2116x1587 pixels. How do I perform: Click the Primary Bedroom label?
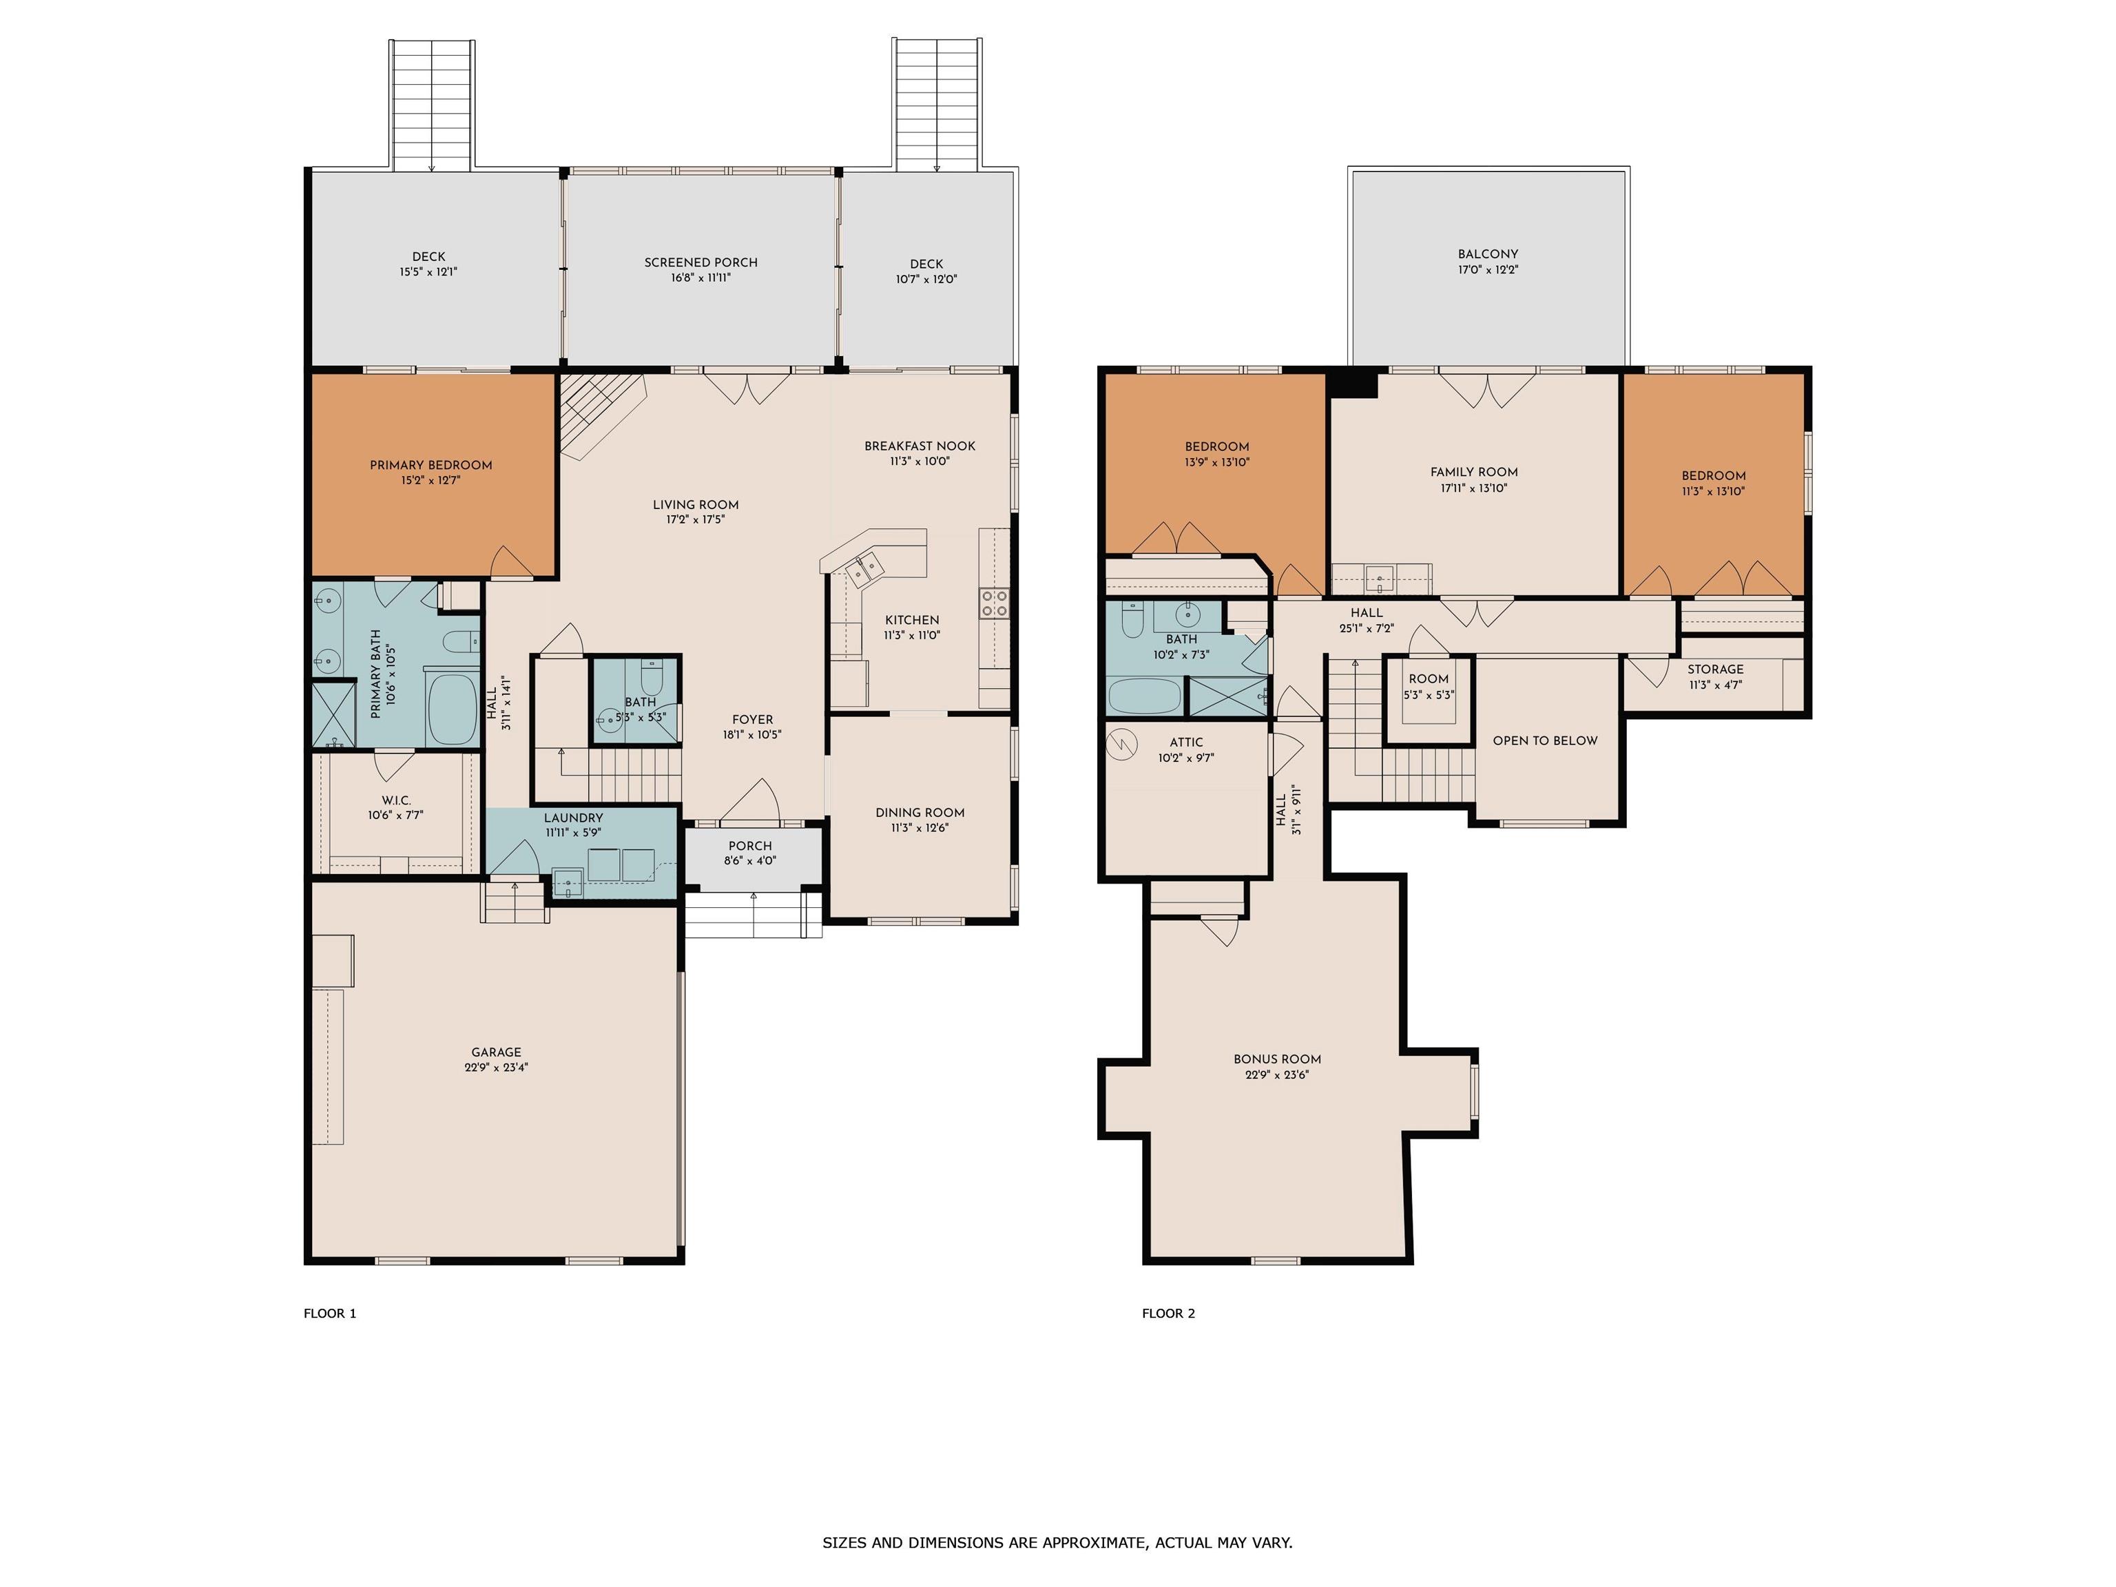431,466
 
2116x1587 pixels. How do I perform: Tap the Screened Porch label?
701,262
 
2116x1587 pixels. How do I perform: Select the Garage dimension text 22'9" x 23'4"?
497,1068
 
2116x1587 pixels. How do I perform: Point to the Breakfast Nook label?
920,446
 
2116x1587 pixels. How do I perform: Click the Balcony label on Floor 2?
1489,253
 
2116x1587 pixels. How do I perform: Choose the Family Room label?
1474,472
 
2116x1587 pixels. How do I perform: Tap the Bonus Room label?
1277,1059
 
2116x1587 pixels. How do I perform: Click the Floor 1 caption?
330,1314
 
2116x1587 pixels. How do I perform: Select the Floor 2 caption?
1168,1314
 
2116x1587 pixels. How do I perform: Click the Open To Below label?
1545,740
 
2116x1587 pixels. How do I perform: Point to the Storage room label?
1715,670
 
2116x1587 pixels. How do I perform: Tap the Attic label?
1186,743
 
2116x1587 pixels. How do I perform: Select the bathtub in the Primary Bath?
452,709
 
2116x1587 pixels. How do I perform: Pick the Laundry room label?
573,818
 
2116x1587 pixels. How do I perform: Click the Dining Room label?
920,813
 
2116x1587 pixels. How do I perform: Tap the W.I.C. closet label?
395,800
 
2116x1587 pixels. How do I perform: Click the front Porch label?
750,846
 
